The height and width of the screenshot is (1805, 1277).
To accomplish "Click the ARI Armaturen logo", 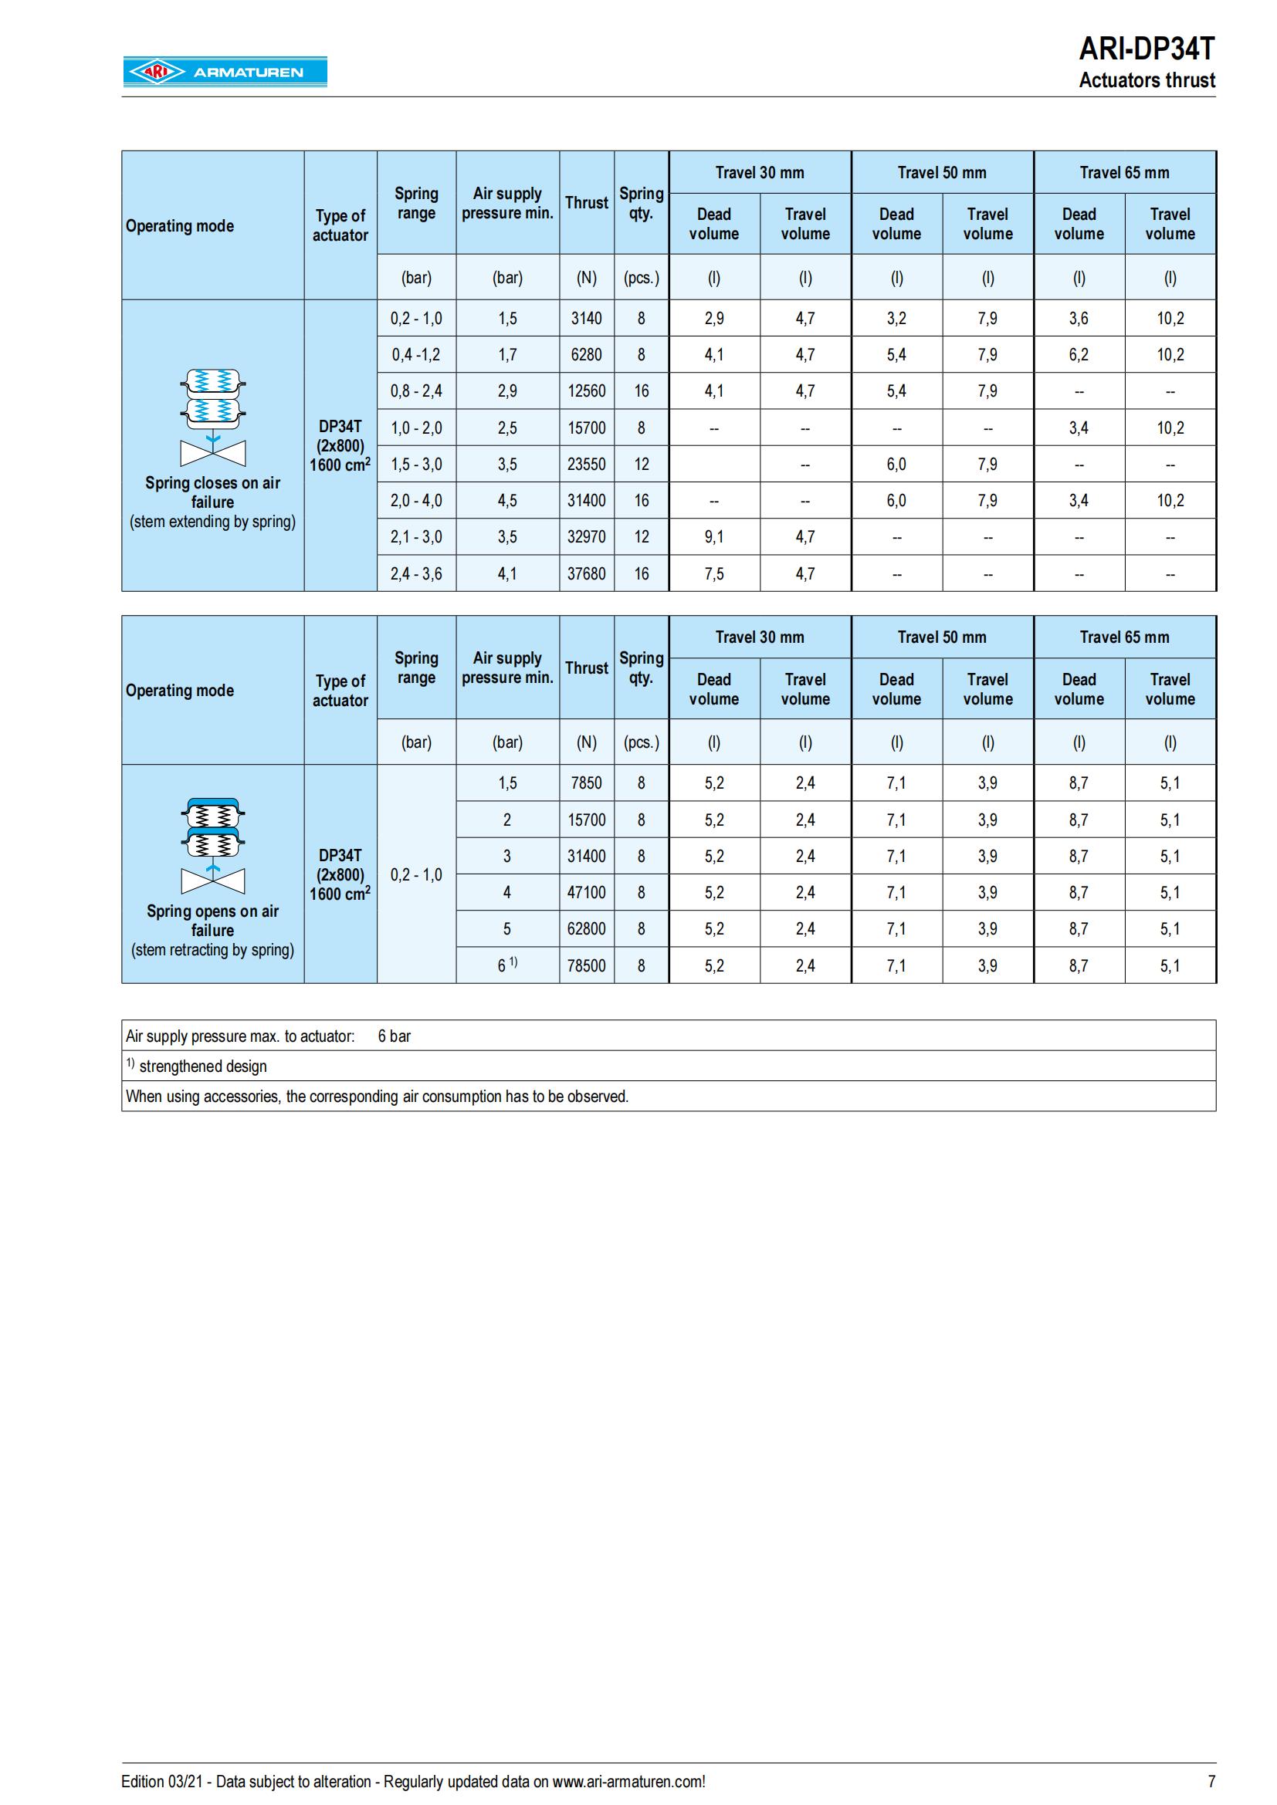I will click(x=225, y=72).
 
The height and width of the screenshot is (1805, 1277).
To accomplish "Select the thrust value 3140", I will click(x=586, y=319).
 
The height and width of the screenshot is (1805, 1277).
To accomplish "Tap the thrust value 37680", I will click(x=586, y=574).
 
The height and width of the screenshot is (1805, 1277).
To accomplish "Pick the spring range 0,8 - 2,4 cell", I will click(x=416, y=390).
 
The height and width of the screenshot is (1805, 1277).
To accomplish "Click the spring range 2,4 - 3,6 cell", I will click(x=416, y=574).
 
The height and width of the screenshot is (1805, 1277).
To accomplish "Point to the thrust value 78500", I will click(x=586, y=965).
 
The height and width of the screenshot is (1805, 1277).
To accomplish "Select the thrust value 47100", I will click(x=586, y=892).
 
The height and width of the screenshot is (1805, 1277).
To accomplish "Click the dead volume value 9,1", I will click(x=714, y=537).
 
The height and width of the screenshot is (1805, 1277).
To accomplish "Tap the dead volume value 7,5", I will click(x=714, y=574).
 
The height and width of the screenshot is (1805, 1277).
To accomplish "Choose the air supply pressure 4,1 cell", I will click(x=507, y=574).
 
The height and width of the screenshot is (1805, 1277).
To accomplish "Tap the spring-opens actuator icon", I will click(x=212, y=846).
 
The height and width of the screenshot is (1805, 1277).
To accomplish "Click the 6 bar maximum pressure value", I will click(x=394, y=1036).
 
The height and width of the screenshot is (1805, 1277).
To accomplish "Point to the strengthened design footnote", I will click(x=202, y=1066).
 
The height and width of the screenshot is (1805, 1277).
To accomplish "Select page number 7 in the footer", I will click(x=1211, y=1781).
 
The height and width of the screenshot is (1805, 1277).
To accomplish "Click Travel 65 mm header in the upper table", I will click(x=1123, y=173).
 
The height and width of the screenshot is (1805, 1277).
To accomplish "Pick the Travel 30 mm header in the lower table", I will click(x=760, y=637).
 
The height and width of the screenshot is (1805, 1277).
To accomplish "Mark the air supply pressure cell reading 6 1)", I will click(x=507, y=965).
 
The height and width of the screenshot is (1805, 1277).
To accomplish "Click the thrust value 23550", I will click(x=586, y=465).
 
